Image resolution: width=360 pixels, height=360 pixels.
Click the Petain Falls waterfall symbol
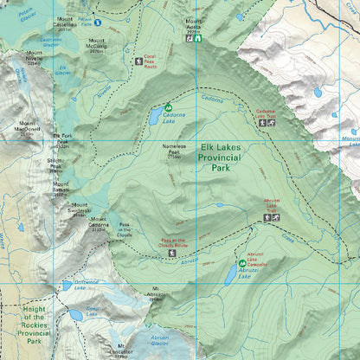pos(98,22)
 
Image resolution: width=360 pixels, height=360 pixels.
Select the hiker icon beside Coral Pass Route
pos(139,61)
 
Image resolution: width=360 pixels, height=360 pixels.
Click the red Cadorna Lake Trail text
pos(265,112)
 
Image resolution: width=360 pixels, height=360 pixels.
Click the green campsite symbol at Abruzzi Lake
pos(241,262)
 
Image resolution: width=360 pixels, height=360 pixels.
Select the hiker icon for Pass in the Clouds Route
pos(172,253)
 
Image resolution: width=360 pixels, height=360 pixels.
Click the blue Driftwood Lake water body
pos(67,286)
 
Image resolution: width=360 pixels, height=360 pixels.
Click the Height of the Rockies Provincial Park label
pos(27,325)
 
